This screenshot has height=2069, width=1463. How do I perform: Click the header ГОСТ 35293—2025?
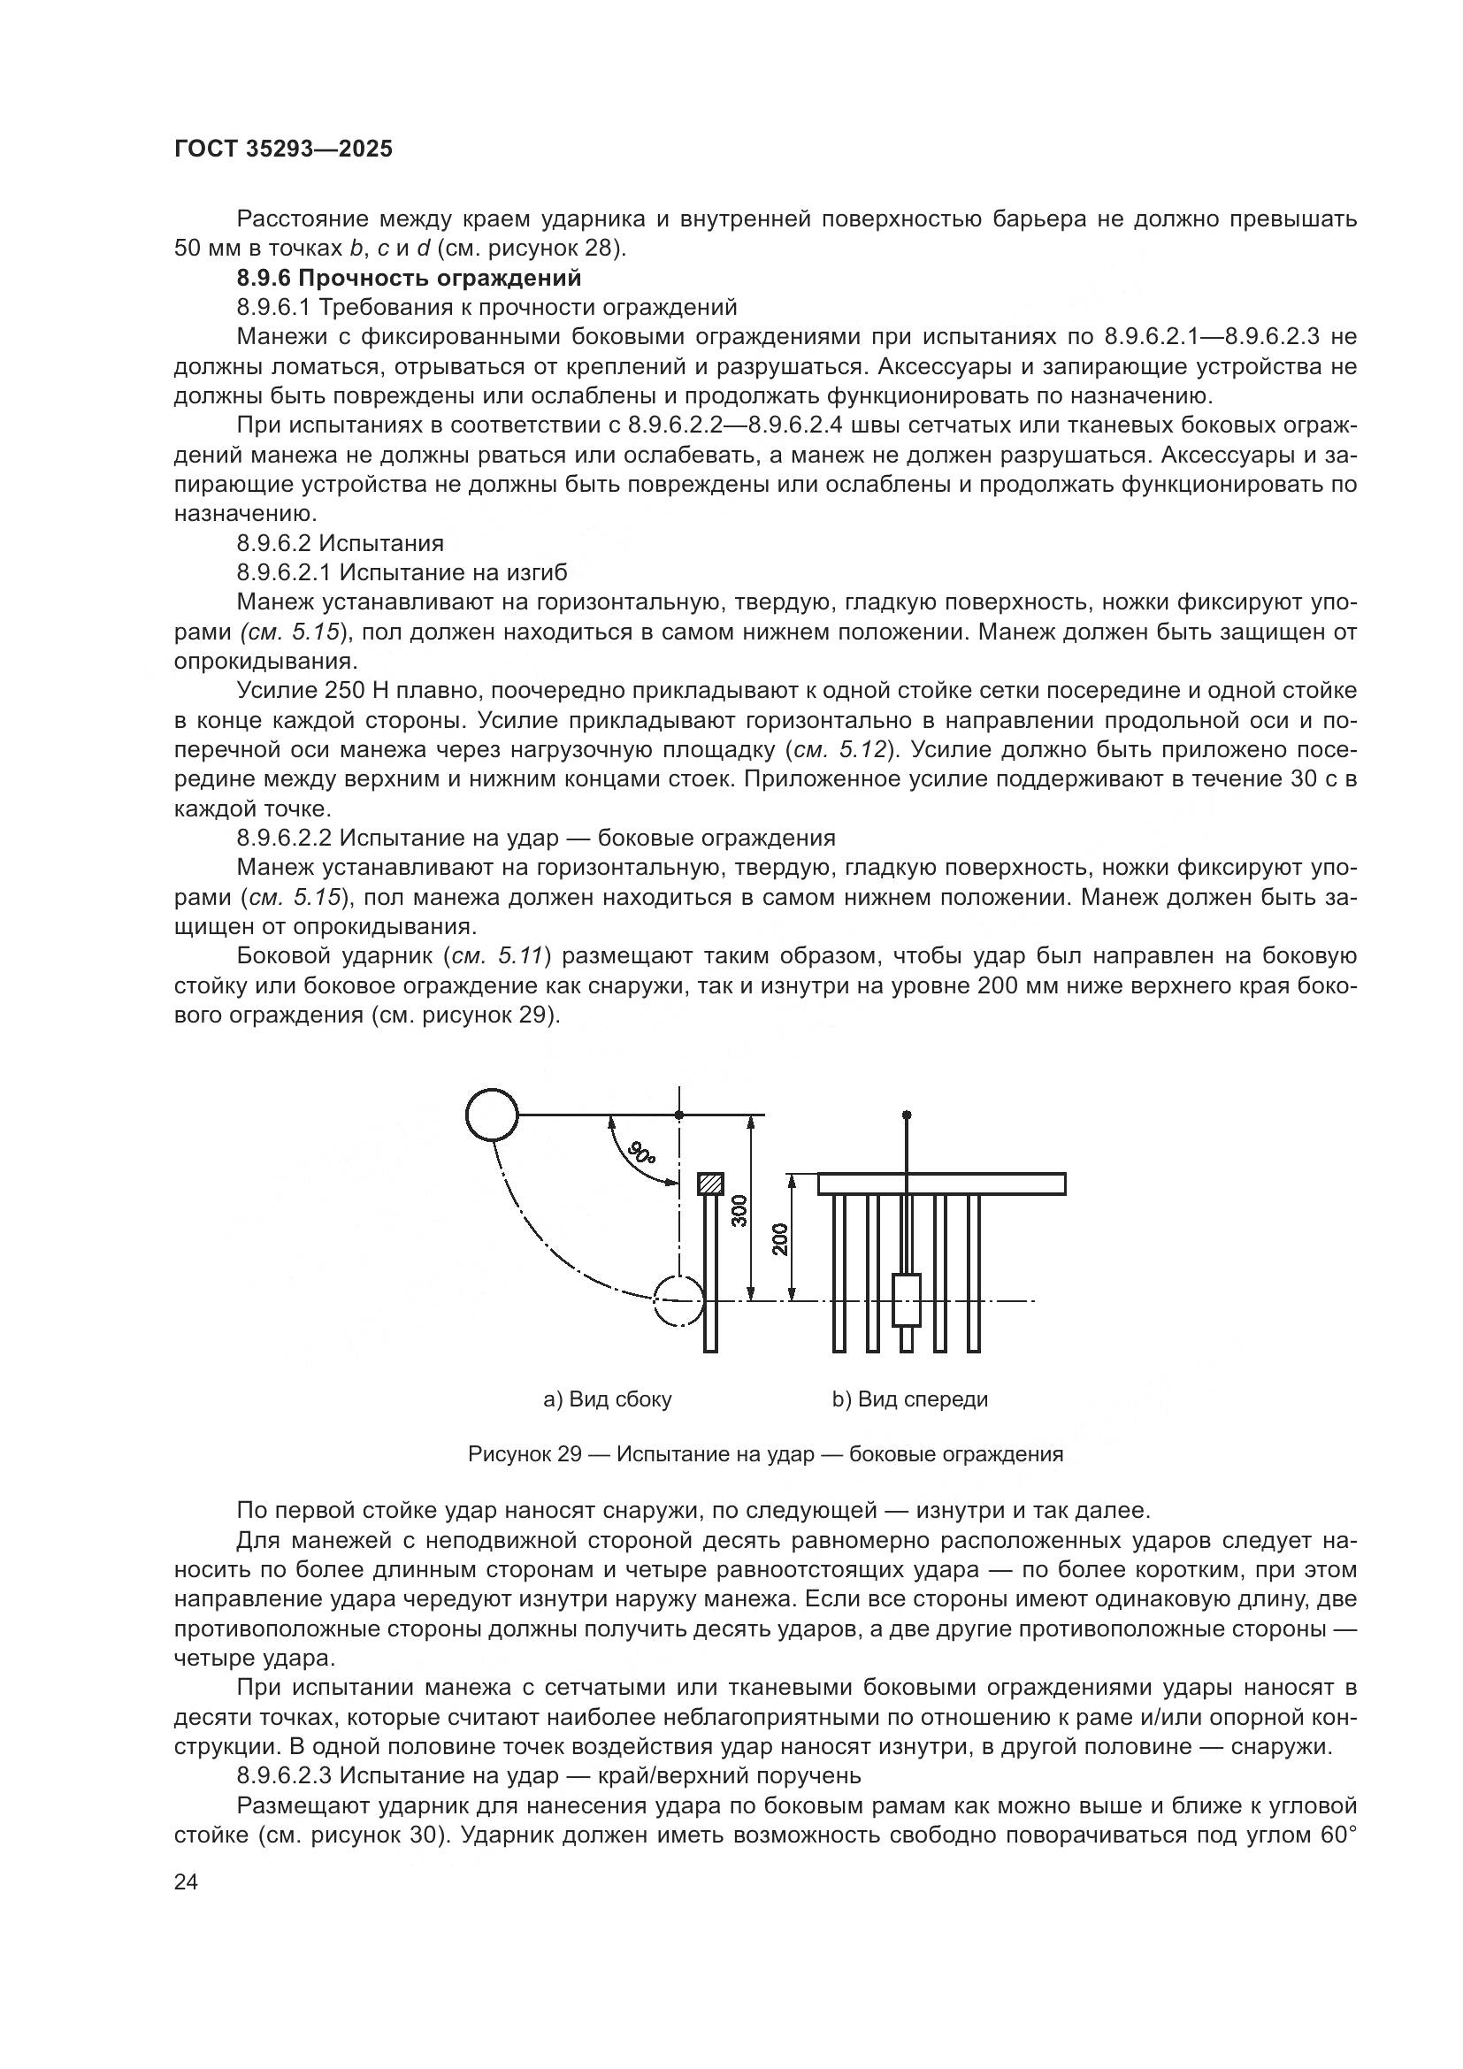tap(283, 149)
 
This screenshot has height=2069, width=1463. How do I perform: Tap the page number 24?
tap(186, 1881)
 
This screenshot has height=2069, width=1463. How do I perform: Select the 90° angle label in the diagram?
tap(642, 1153)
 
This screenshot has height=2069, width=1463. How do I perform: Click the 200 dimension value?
tap(780, 1239)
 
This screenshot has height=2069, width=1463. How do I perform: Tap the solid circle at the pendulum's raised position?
tap(492, 1115)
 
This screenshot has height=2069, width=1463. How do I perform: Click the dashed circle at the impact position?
tap(678, 1300)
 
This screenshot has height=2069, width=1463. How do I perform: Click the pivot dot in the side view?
tap(679, 1115)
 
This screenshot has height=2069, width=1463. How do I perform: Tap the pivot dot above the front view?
tap(907, 1115)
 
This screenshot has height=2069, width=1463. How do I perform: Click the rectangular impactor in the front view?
tap(907, 1300)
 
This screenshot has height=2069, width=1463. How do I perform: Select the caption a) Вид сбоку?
tap(607, 1399)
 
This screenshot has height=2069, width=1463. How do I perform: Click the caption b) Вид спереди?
tap(910, 1399)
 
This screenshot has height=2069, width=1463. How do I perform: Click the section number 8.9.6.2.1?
tap(284, 572)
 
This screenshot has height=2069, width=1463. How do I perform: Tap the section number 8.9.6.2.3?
tap(285, 1776)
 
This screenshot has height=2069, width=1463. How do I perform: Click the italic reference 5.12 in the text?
tap(863, 750)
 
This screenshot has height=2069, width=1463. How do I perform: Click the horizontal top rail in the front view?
tap(941, 1184)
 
